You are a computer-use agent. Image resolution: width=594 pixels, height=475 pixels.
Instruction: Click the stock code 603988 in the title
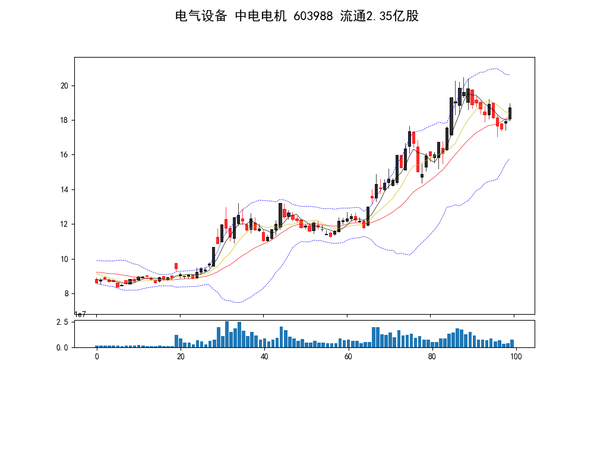[x=313, y=16]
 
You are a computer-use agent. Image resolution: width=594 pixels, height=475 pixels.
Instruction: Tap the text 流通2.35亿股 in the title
[x=380, y=16]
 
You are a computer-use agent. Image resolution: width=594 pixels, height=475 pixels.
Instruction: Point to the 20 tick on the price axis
[x=65, y=85]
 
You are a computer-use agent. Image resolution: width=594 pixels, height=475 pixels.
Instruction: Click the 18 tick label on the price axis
[x=65, y=121]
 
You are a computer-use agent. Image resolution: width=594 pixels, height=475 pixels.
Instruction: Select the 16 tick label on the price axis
[x=65, y=155]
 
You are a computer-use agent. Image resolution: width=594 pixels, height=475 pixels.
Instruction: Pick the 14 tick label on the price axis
[x=65, y=189]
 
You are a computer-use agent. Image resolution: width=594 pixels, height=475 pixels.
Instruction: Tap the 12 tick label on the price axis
[x=65, y=224]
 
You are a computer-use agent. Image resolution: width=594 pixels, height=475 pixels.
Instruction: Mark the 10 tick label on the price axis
[x=65, y=259]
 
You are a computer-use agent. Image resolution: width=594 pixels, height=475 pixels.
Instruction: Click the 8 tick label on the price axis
[x=67, y=293]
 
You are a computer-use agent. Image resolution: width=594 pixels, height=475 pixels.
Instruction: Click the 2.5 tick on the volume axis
[x=62, y=322]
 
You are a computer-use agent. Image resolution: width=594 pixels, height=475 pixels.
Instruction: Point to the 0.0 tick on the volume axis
[x=62, y=347]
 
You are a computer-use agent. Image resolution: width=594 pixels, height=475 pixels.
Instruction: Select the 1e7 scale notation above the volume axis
[x=80, y=315]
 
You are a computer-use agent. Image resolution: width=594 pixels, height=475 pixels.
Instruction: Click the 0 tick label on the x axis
[x=97, y=356]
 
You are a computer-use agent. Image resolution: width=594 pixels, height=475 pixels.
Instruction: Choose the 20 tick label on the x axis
[x=181, y=356]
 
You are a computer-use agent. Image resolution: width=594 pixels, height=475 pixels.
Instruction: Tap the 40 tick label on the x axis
[x=264, y=356]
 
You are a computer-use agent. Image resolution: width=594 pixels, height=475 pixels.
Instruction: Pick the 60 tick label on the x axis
[x=348, y=356]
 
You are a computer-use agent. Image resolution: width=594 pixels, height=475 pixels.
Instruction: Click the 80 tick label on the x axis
[x=432, y=356]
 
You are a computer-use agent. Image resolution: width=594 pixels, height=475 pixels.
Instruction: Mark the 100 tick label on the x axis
[x=516, y=356]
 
